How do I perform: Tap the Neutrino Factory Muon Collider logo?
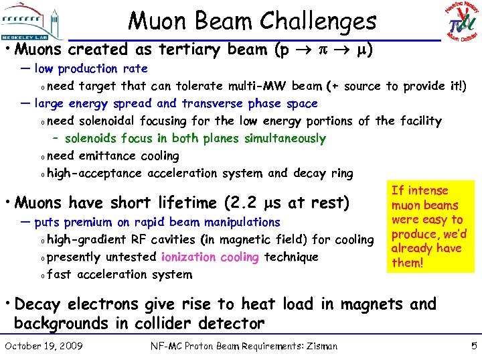462,20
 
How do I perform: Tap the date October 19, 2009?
44,346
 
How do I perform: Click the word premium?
88,222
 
